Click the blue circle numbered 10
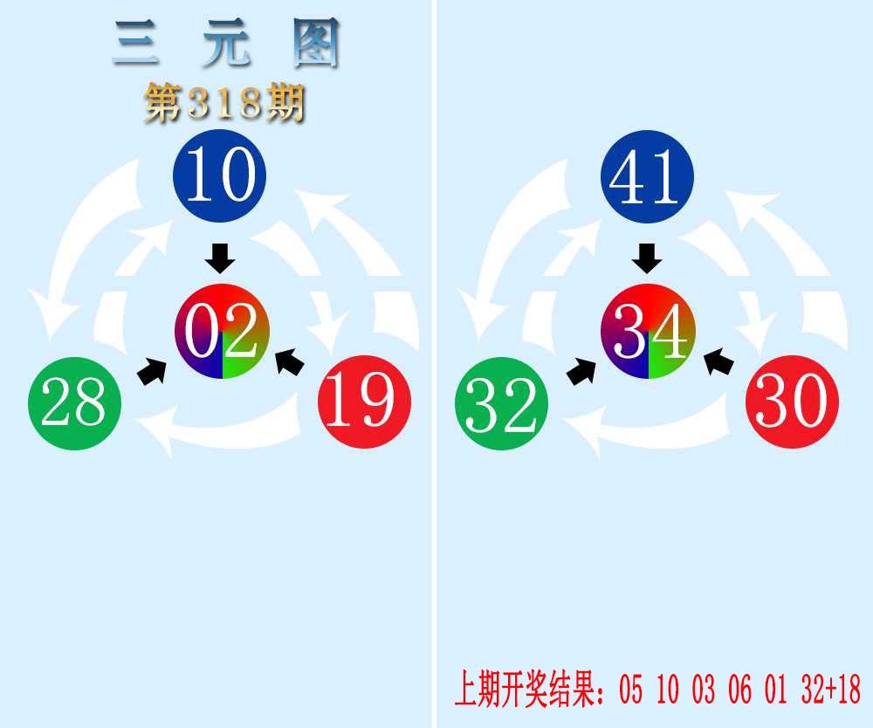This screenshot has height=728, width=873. coord(220,175)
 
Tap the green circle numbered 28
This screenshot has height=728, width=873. coord(74,403)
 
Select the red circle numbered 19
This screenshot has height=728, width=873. coord(365,402)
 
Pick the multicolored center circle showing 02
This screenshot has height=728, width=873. coord(222,331)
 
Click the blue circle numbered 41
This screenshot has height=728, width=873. coord(647,176)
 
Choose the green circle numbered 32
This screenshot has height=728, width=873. coord(502,403)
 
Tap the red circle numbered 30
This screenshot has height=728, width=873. coord(793,402)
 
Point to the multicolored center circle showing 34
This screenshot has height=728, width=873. coord(648,331)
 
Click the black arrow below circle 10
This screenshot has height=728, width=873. coord(220,258)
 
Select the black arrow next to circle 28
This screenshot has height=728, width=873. coord(152,371)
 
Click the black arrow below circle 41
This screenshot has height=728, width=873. coord(647,258)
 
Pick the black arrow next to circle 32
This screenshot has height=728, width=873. coord(581,371)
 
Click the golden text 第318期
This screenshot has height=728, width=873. coord(224,103)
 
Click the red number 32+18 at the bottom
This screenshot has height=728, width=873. coord(831,689)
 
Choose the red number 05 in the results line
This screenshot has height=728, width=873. coord(631,689)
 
